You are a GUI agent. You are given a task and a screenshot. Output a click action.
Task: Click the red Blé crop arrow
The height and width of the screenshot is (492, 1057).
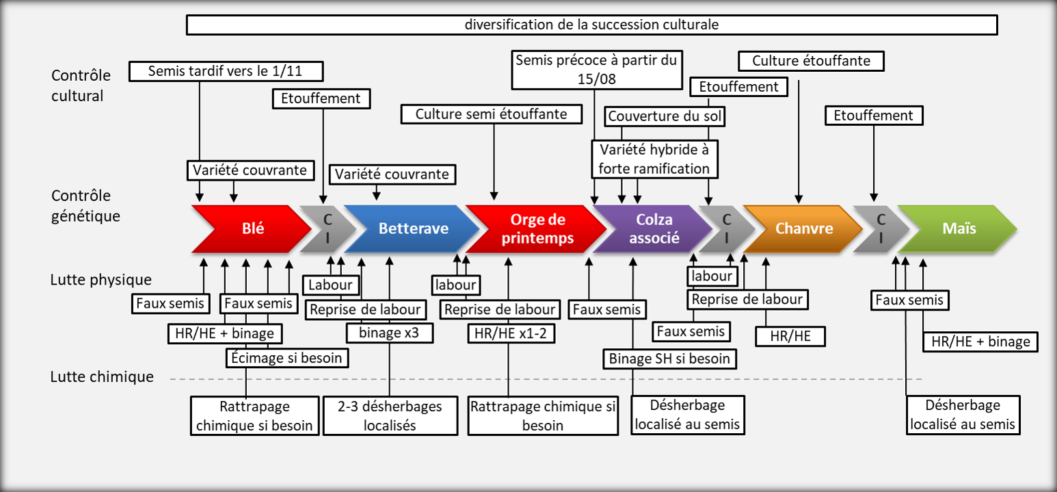click(x=252, y=229)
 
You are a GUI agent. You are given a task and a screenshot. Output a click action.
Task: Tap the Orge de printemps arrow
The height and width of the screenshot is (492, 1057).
click(x=537, y=229)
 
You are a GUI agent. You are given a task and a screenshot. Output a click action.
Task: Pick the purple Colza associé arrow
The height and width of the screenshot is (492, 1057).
click(x=654, y=229)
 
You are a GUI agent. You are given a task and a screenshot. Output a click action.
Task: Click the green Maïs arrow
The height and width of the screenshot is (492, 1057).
click(x=960, y=229)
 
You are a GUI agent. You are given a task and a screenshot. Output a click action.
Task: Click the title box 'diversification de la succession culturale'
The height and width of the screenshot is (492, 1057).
click(x=591, y=25)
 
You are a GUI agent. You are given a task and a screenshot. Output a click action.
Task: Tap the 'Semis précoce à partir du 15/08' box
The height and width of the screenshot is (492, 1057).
click(x=596, y=69)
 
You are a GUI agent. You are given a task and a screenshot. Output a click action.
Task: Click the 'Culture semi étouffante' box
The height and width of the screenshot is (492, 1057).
click(x=491, y=114)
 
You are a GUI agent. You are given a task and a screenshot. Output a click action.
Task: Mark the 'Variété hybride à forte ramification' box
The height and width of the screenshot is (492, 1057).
click(x=654, y=158)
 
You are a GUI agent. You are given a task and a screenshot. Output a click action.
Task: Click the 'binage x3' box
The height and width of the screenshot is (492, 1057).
click(x=389, y=333)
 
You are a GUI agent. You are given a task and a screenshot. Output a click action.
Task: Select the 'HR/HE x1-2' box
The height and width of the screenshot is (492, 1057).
click(x=511, y=333)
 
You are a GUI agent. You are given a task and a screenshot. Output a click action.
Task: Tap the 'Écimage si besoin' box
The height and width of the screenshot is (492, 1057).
click(x=284, y=357)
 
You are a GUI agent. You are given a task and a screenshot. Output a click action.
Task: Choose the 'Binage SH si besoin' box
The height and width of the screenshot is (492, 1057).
click(x=669, y=358)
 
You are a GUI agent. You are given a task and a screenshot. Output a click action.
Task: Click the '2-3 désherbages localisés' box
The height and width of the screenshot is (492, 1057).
click(x=390, y=415)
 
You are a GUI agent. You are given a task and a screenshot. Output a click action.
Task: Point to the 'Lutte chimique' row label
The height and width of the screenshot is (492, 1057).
click(x=102, y=377)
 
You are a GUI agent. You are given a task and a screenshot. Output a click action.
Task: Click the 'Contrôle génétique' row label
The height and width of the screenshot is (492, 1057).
click(x=85, y=207)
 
